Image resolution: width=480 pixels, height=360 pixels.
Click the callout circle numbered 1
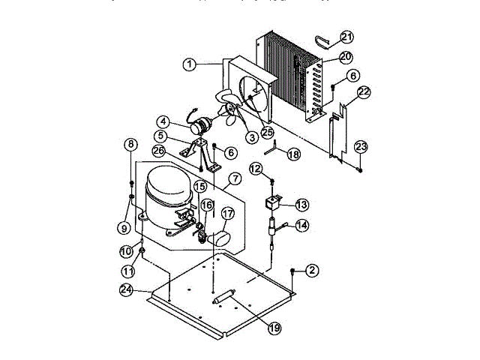point(190,65)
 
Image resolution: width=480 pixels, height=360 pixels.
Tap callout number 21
point(346,37)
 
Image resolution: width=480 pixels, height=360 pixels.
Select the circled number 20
point(345,57)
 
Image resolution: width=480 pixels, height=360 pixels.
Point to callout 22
point(364,92)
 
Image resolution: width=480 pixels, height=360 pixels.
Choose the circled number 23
point(361,145)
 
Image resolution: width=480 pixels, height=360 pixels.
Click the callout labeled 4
point(163,121)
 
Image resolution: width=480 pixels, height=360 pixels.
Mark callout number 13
point(301,204)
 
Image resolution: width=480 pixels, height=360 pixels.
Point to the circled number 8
point(131,144)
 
